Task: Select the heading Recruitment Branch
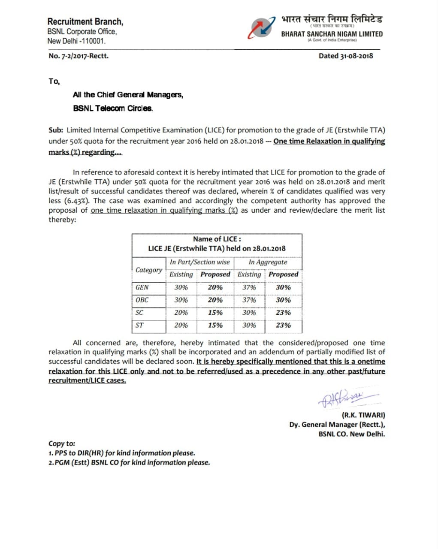[85, 21]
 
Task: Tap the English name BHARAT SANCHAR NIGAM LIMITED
[332, 34]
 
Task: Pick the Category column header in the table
[148, 270]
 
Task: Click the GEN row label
[142, 287]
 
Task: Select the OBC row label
[142, 300]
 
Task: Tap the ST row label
[139, 325]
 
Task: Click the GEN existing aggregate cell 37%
[249, 287]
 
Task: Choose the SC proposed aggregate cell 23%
[283, 313]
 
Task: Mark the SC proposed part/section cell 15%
[215, 313]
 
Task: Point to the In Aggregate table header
[268, 262]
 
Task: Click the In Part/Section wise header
[199, 262]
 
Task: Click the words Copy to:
[62, 443]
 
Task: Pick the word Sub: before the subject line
[56, 130]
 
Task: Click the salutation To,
[54, 81]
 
